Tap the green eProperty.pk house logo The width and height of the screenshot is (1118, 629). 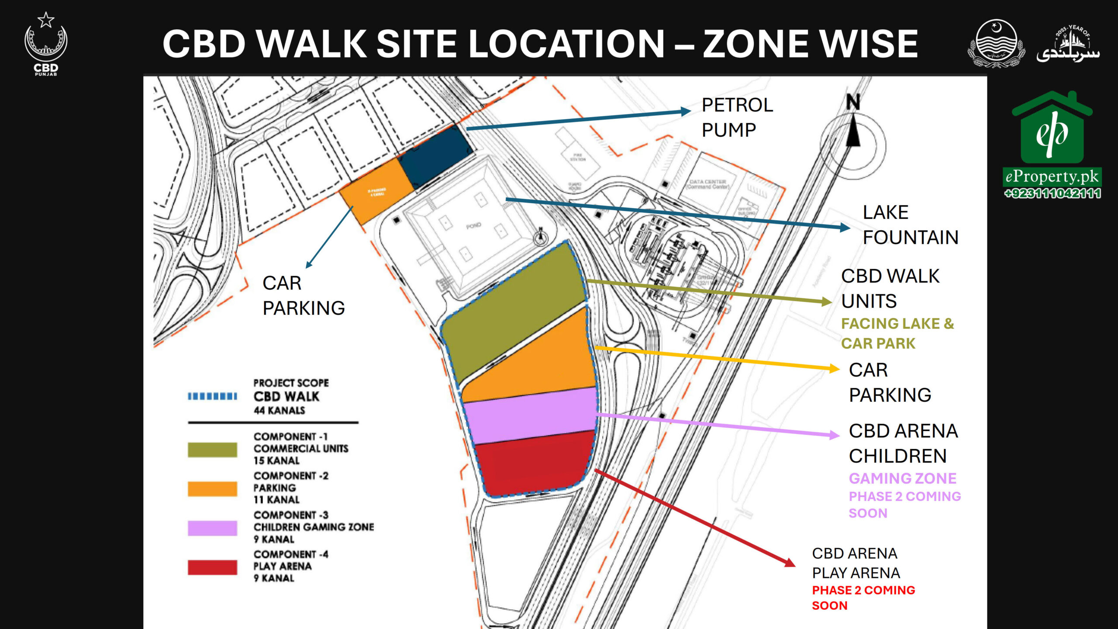click(x=1052, y=129)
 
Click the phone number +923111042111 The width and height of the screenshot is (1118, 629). click(x=1052, y=193)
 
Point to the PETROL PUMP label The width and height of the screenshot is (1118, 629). click(x=737, y=117)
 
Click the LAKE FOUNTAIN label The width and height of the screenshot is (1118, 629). click(x=910, y=225)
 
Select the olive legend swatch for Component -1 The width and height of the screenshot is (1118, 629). click(x=212, y=449)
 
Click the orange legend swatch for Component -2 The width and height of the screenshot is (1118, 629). click(x=212, y=488)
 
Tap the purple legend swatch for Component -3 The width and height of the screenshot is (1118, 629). click(x=212, y=528)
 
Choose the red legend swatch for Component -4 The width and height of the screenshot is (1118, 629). click(x=212, y=567)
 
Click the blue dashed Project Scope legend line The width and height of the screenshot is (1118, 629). click(x=212, y=396)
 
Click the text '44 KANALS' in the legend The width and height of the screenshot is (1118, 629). click(x=279, y=410)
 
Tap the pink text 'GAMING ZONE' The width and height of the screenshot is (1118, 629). click(x=902, y=478)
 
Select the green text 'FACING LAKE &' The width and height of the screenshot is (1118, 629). click(x=897, y=324)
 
